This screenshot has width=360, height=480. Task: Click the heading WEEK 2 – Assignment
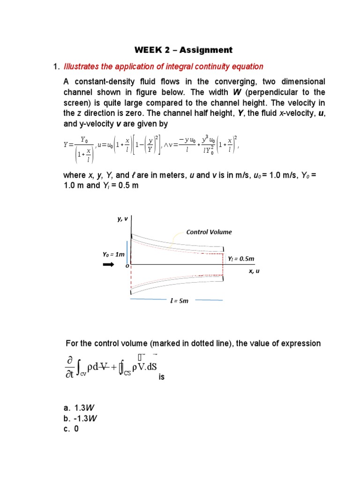[183, 50]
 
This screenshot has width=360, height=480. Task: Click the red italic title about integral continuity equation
[163, 67]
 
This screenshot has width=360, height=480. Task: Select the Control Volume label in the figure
[209, 232]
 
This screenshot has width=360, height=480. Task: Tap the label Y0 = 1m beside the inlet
[114, 255]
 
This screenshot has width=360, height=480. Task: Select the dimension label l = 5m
[179, 300]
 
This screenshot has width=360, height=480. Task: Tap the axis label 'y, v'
[122, 218]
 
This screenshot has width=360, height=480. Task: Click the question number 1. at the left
[56, 67]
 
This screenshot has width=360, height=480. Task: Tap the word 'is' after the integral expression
[162, 376]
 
